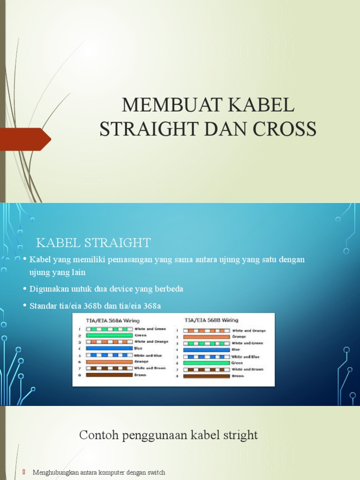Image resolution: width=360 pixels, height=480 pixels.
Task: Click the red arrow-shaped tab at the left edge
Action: [x=25, y=139]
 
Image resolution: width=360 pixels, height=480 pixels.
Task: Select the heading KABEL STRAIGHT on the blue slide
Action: [x=93, y=242]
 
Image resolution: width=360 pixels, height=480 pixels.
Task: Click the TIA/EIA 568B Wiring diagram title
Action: [x=211, y=320]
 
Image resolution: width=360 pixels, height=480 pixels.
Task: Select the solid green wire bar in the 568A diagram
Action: [x=109, y=335]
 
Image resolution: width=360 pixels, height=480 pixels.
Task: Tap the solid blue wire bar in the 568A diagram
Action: [x=109, y=348]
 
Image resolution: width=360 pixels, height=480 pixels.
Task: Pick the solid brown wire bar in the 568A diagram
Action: [x=109, y=375]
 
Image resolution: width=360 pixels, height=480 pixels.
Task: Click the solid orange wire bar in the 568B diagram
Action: [x=206, y=337]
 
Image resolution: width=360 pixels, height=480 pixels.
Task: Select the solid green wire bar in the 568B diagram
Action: [x=206, y=363]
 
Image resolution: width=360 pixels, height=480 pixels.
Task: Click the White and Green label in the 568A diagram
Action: [x=150, y=329]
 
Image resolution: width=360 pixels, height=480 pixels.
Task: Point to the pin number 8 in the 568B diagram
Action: [x=177, y=376]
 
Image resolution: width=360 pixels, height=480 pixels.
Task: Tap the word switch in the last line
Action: [x=156, y=472]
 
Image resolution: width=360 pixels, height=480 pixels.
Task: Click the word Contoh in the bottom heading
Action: [x=96, y=435]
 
